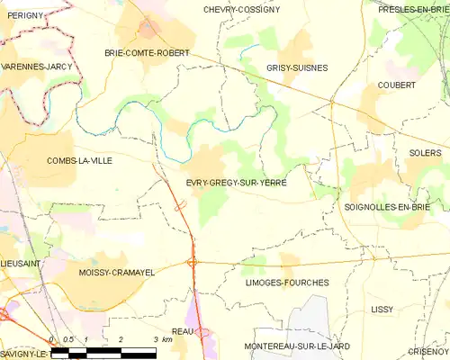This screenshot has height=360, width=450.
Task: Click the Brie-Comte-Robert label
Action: [147, 53]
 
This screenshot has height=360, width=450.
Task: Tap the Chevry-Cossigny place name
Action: [242, 9]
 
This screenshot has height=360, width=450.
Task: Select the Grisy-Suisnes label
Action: [297, 67]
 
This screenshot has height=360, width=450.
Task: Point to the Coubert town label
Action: [396, 85]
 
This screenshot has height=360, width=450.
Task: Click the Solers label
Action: [425, 153]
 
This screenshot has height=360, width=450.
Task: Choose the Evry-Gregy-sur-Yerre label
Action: [236, 181]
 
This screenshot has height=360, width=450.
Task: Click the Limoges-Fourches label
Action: [286, 283]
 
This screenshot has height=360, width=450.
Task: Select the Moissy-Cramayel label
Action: [112, 272]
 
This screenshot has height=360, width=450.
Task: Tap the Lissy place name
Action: [382, 309]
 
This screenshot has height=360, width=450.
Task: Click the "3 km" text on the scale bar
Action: [161, 338]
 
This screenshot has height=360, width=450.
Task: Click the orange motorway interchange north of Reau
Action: [193, 262]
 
